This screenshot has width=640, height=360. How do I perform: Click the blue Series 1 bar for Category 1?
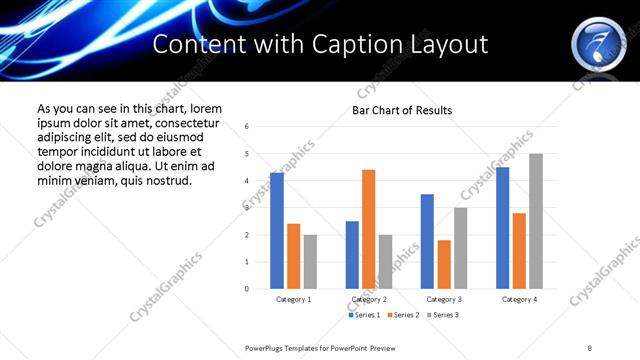pyautogui.click(x=277, y=231)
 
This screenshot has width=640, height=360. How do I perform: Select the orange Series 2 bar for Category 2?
pyautogui.click(x=368, y=229)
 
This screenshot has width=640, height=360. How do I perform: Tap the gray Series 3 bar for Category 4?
pyautogui.click(x=536, y=221)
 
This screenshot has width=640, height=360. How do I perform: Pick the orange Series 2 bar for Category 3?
pyautogui.click(x=444, y=264)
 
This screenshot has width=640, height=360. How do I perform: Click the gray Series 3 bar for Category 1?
pyautogui.click(x=310, y=262)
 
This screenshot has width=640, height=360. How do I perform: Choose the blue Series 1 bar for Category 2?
pyautogui.click(x=352, y=255)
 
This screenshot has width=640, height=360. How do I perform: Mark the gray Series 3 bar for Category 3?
pyautogui.click(x=460, y=248)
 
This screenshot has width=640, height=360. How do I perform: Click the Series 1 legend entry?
pyautogui.click(x=364, y=315)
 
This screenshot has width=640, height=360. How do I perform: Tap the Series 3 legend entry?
pyautogui.click(x=444, y=315)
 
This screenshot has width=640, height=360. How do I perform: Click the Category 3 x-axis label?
pyautogui.click(x=444, y=299)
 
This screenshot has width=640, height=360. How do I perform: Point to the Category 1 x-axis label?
pyautogui.click(x=294, y=299)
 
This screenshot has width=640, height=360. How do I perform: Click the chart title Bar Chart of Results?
pyautogui.click(x=402, y=110)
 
